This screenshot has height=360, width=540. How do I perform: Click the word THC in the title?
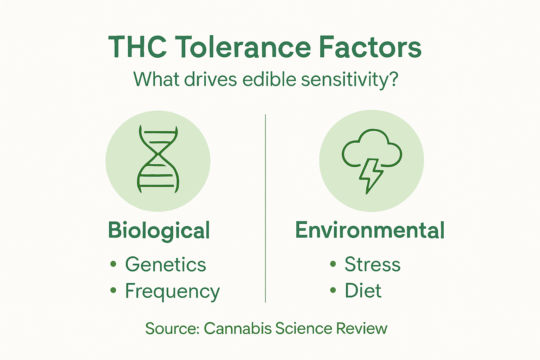tap(137, 47)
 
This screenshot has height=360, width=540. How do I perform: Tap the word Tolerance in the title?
tap(243, 47)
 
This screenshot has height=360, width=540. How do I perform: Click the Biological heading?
tap(159, 231)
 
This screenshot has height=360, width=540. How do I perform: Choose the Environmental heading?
tap(370, 230)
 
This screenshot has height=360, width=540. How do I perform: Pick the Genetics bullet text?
tap(166, 264)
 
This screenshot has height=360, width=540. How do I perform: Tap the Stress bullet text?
tap(372, 264)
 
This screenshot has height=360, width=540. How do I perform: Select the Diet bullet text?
tap(363, 291)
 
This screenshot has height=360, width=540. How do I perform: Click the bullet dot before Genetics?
tap(113, 264)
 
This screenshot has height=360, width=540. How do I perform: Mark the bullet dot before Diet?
tap(333, 290)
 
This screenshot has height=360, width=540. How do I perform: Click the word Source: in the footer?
tap(172, 328)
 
